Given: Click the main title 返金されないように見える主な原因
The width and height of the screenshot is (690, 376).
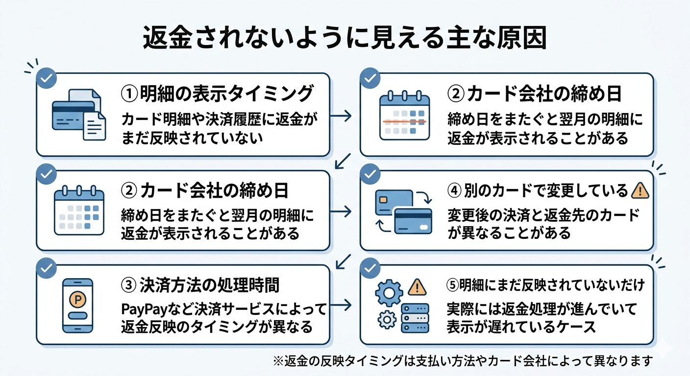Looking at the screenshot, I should pos(345,41).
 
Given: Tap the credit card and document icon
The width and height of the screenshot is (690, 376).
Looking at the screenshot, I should pos(79,115).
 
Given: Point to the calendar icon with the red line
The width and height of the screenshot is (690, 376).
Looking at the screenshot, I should pos(404,114).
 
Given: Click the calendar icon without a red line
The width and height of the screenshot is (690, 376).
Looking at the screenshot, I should pos(79,210).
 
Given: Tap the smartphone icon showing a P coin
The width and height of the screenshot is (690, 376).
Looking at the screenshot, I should pos(78,305).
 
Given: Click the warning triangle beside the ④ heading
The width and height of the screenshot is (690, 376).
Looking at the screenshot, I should pos(641,190).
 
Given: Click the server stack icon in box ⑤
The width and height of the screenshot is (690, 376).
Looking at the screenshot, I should pos(415,316).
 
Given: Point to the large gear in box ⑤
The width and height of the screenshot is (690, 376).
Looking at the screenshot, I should pos(388,293).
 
